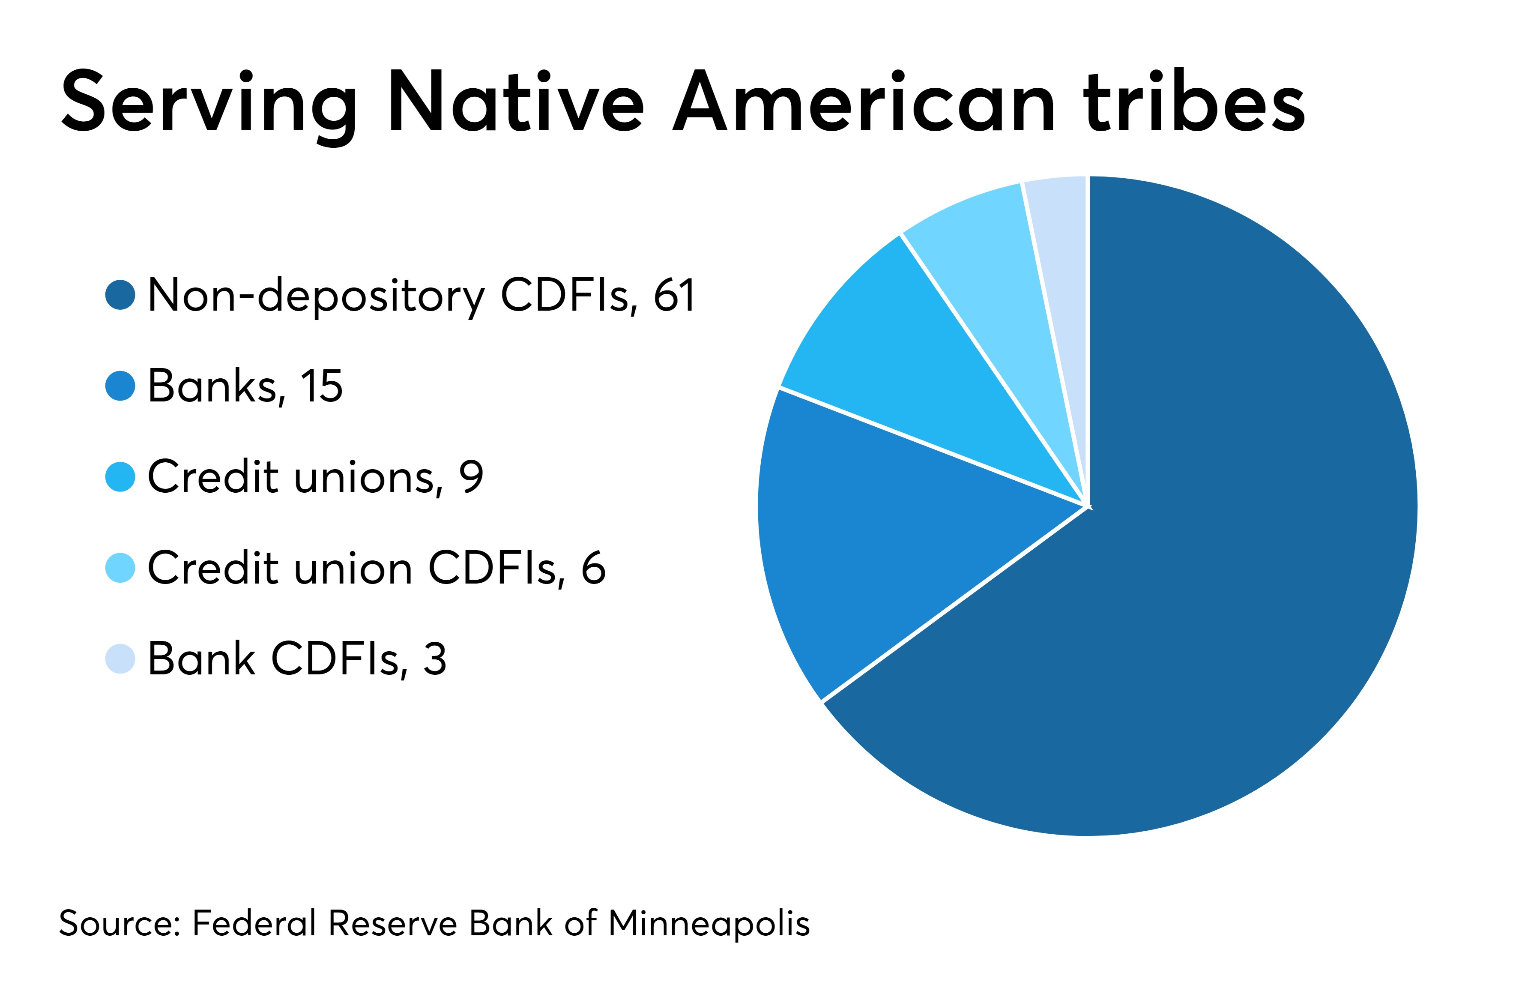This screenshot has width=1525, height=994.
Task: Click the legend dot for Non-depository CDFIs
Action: [120, 295]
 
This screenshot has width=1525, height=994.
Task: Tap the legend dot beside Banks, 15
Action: [120, 386]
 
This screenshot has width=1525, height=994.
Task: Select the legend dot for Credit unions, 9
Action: [120, 477]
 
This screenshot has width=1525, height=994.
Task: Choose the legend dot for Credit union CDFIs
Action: [120, 568]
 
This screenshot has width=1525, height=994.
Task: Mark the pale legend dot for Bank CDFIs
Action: [120, 659]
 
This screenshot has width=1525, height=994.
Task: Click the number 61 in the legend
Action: [674, 296]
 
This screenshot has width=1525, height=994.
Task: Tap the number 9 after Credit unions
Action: [471, 477]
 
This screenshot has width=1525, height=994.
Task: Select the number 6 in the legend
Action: [593, 568]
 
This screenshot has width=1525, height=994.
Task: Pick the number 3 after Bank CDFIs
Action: [434, 659]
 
